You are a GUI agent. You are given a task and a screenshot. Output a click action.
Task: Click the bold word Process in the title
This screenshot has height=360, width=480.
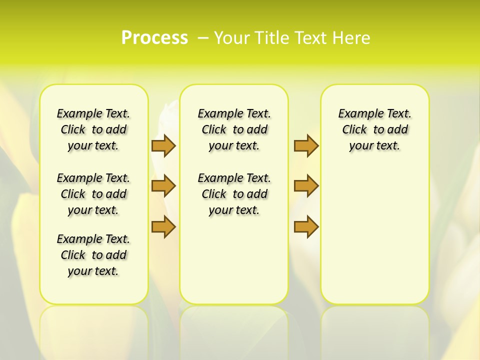[154, 37]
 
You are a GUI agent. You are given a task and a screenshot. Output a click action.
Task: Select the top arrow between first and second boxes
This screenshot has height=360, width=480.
[163, 145]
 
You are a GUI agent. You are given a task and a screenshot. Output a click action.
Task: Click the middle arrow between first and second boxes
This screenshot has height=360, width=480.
[163, 186]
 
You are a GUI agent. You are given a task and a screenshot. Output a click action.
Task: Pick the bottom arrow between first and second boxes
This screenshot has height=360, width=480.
[163, 227]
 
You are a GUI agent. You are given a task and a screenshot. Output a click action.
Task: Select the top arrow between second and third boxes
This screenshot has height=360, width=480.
[306, 145]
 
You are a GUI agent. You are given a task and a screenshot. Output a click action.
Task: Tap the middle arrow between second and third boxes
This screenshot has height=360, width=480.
[306, 186]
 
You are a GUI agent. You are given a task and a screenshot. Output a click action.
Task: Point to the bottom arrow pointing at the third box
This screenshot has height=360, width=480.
[306, 227]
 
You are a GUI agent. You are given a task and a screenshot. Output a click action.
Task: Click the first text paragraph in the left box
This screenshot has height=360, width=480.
[93, 129]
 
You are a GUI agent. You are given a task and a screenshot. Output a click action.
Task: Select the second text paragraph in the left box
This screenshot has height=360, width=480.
[93, 194]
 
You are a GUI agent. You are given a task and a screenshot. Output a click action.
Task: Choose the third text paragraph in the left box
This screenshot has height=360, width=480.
[93, 255]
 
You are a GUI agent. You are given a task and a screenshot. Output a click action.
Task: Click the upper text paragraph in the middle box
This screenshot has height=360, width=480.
[234, 129]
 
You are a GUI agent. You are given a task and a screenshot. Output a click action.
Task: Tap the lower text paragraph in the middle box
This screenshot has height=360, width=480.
[234, 194]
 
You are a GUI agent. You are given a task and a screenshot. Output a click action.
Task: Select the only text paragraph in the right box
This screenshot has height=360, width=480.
[374, 129]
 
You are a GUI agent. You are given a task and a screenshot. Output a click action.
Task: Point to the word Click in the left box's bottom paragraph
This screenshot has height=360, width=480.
[73, 255]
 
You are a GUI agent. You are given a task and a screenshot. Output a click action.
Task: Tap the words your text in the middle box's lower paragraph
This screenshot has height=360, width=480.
[234, 210]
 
